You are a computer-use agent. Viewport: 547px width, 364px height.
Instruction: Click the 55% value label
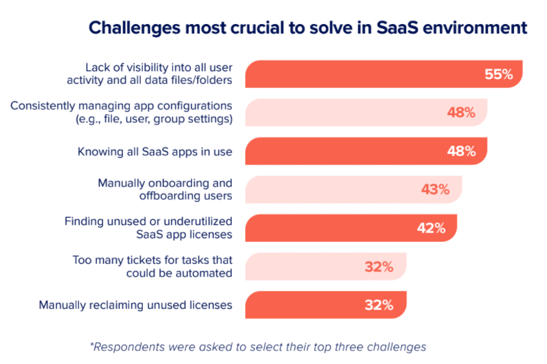pyautogui.click(x=498, y=74)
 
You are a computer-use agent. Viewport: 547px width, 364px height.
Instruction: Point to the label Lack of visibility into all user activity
pyautogui.click(x=159, y=74)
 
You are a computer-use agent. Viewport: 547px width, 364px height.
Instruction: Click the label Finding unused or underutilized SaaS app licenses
pyautogui.click(x=148, y=228)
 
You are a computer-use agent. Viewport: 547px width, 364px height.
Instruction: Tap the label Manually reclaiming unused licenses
pyautogui.click(x=135, y=305)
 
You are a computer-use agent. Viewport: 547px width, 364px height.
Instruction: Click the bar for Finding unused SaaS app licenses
pyautogui.click(x=350, y=228)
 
